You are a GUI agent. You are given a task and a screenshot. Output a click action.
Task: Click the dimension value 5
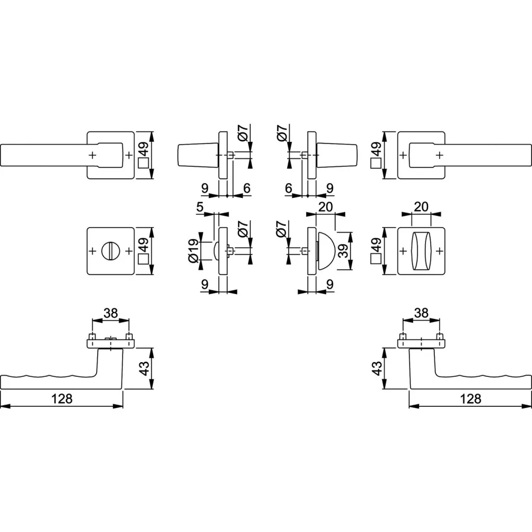[x=199, y=207]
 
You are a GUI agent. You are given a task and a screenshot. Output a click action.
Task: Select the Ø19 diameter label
[x=193, y=251]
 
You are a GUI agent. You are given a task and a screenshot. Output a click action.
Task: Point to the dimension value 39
[x=344, y=251]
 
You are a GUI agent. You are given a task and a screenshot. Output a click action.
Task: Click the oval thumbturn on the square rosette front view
[x=421, y=251]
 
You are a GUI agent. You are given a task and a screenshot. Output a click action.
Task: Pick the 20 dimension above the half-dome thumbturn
[x=326, y=207]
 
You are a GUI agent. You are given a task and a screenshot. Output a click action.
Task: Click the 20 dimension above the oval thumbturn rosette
[x=421, y=207]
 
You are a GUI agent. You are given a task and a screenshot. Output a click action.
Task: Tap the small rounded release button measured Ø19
[x=216, y=251]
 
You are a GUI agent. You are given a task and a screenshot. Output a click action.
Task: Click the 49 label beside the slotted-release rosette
[x=144, y=245]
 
